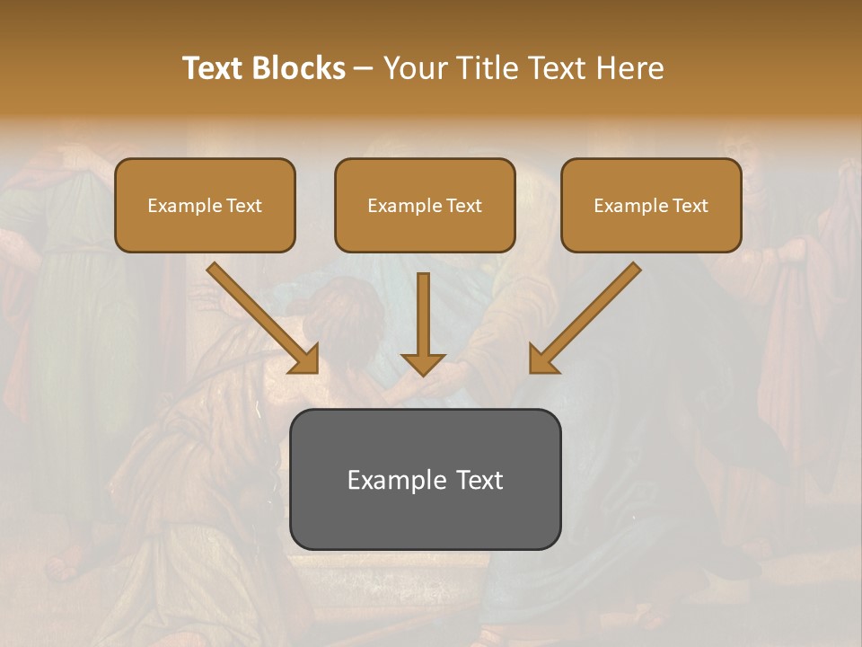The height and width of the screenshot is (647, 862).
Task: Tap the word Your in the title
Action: [413, 68]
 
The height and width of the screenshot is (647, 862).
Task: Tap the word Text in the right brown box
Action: [689, 206]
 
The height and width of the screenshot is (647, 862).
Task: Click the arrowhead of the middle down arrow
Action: [423, 362]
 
